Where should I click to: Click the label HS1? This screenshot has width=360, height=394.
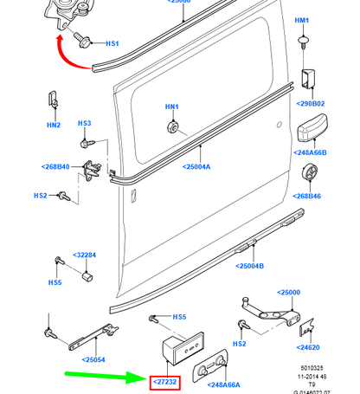[x=112, y=42]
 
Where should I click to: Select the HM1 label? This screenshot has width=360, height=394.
[x=302, y=20]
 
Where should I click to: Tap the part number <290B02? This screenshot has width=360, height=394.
[x=310, y=104]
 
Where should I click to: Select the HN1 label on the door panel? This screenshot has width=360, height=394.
[x=171, y=107]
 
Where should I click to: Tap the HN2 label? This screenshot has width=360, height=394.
[x=54, y=126]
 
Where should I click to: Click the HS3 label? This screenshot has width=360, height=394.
[x=84, y=123]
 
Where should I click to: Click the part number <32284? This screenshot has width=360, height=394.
[x=85, y=255]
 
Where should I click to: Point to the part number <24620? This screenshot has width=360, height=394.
[x=309, y=347]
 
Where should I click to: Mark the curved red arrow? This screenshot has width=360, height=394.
[x=69, y=54]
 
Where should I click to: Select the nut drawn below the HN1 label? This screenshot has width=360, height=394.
[x=171, y=127]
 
